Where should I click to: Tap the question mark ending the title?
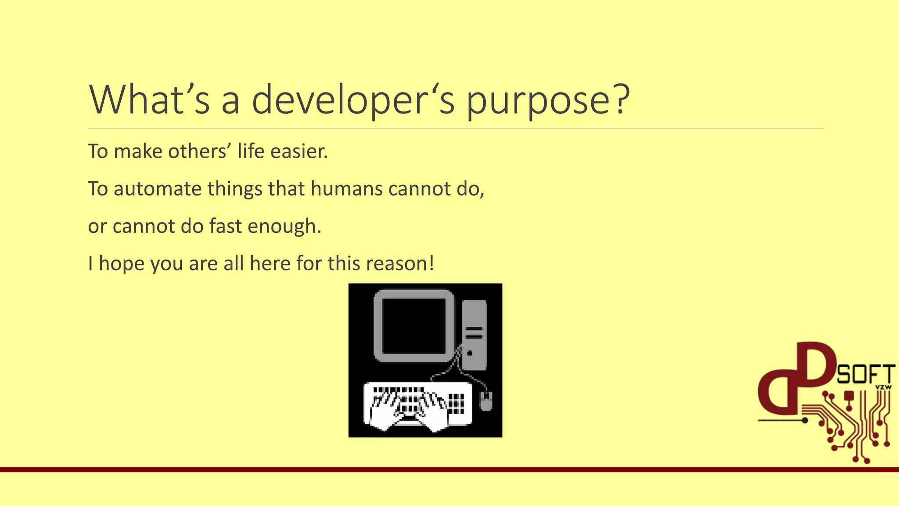click(x=620, y=99)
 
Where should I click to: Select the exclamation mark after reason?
click(x=432, y=264)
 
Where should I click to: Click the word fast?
click(x=225, y=226)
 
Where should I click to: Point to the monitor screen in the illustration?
click(x=414, y=326)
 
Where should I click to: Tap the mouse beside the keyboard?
click(x=485, y=401)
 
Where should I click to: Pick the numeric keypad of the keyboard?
click(x=456, y=403)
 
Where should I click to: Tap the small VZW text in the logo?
click(x=883, y=387)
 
